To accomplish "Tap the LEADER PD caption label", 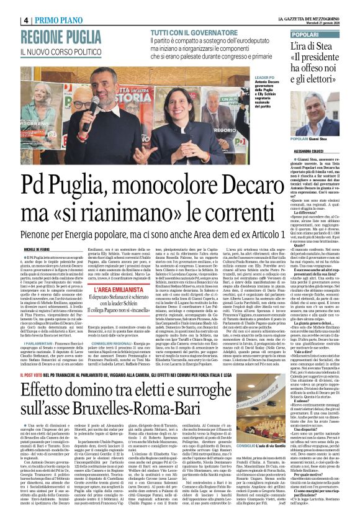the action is (x=246, y=80).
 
